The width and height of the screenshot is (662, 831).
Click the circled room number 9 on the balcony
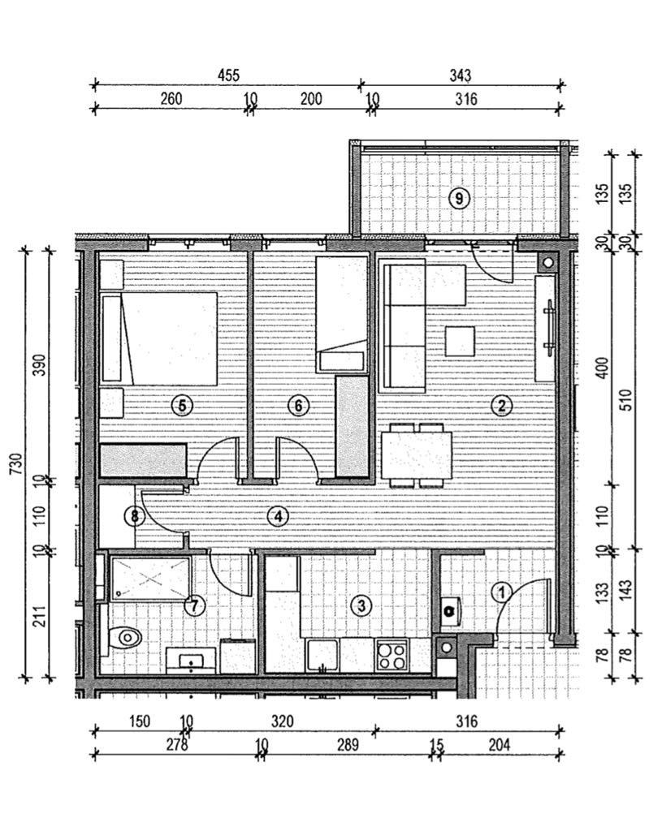pyautogui.click(x=459, y=199)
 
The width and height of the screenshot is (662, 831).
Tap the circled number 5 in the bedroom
pyautogui.click(x=182, y=406)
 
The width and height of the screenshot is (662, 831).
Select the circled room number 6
pyautogui.click(x=298, y=406)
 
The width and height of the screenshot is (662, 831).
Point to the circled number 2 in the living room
pyautogui.click(x=501, y=406)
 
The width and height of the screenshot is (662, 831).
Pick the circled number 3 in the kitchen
pyautogui.click(x=361, y=605)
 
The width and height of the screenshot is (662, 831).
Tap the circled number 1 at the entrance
pyautogui.click(x=502, y=592)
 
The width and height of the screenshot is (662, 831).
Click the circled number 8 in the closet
pyautogui.click(x=134, y=515)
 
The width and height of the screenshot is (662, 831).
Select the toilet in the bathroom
pyautogui.click(x=124, y=637)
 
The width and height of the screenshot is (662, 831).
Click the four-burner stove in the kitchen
pyautogui.click(x=392, y=656)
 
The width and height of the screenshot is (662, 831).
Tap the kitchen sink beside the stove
pyautogui.click(x=322, y=656)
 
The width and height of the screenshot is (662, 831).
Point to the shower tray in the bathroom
pyautogui.click(x=151, y=577)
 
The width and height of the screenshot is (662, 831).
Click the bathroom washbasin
pyautogui.click(x=191, y=660)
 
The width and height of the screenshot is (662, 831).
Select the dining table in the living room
pyautogui.click(x=417, y=455)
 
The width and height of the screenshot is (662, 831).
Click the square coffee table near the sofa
pyautogui.click(x=460, y=342)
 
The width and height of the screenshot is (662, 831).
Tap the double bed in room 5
pyautogui.click(x=159, y=338)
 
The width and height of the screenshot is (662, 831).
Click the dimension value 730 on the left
pyautogui.click(x=16, y=464)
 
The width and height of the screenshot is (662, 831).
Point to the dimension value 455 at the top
pyautogui.click(x=228, y=75)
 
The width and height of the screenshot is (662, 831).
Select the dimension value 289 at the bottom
pyautogui.click(x=348, y=745)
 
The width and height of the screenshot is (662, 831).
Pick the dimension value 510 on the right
pyautogui.click(x=626, y=400)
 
